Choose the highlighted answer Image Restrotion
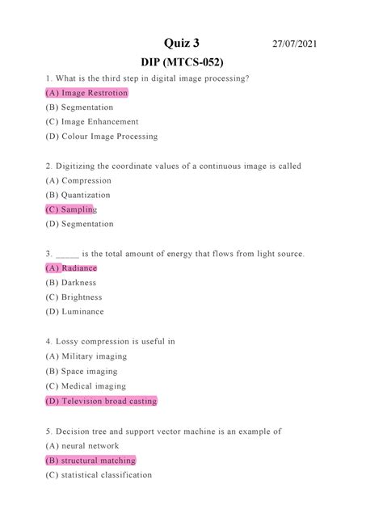click(x=86, y=93)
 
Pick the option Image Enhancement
click(x=92, y=122)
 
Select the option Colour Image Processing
click(x=102, y=137)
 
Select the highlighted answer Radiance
click(x=71, y=267)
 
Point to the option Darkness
click(x=71, y=282)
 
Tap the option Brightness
click(x=75, y=297)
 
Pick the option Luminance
click(x=74, y=311)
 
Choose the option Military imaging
click(x=86, y=356)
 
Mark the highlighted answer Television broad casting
click(x=101, y=401)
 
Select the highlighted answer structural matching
click(x=90, y=460)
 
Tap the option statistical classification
click(x=99, y=474)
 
